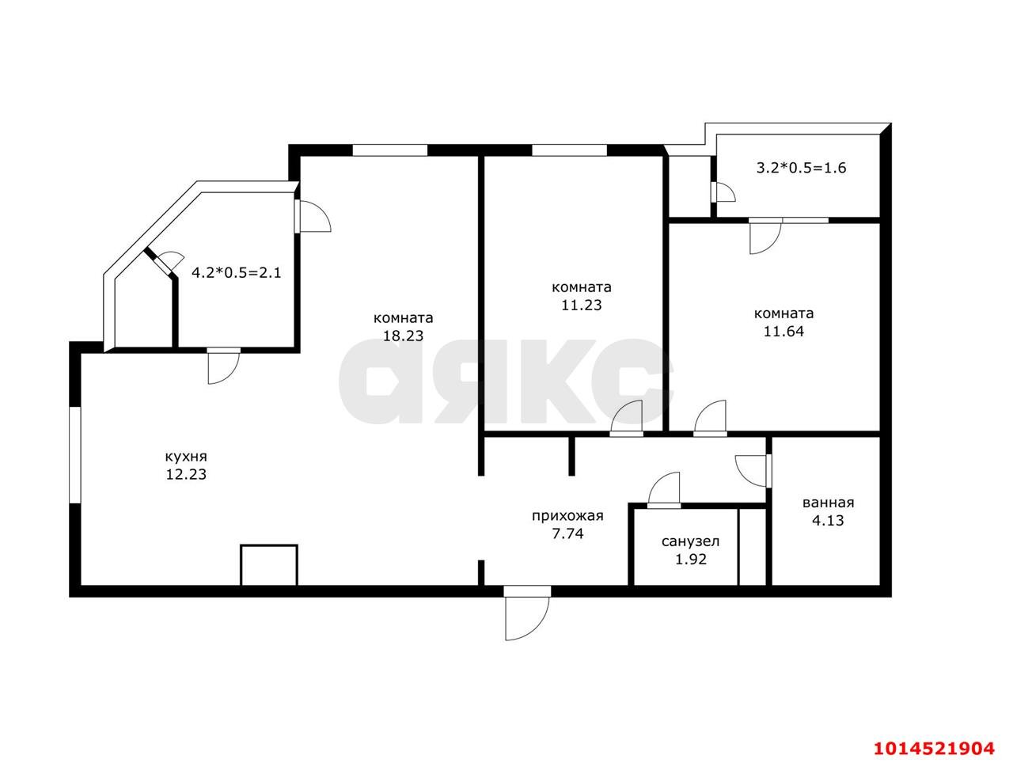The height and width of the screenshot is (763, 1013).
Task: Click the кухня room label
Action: tap(186, 457)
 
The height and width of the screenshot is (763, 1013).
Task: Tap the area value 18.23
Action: tap(404, 335)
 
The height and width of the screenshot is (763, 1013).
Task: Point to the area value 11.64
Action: tap(783, 332)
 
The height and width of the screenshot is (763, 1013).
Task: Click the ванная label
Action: tap(828, 503)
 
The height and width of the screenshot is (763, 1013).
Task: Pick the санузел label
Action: tap(690, 542)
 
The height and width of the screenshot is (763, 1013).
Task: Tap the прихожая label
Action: tap(567, 516)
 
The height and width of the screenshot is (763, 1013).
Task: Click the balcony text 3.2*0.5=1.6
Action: tap(802, 168)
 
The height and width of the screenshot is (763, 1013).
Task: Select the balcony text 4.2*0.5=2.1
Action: tap(237, 273)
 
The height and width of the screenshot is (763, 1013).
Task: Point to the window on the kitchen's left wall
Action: tap(74, 454)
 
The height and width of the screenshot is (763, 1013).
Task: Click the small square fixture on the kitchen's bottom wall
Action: tap(269, 564)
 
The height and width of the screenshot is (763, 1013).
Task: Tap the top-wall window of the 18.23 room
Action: tap(389, 150)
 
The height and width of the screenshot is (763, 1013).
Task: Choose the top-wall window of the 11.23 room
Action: tap(569, 150)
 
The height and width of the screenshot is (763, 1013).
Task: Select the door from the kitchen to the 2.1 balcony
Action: tap(223, 366)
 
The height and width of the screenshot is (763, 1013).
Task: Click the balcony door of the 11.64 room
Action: tap(766, 236)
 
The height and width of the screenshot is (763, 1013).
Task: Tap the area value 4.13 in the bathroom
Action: tap(828, 521)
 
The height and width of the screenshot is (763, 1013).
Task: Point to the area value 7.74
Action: tap(567, 534)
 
